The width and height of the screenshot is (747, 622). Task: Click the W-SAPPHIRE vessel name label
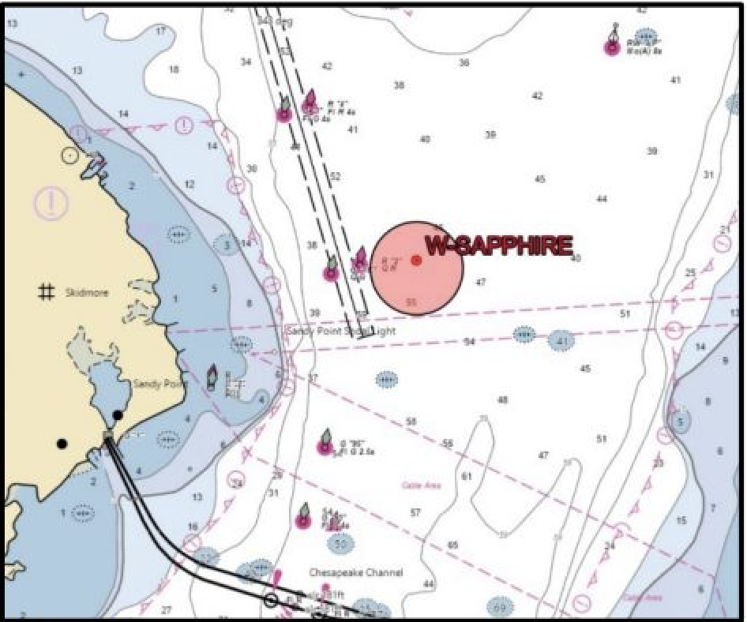tap(499, 246)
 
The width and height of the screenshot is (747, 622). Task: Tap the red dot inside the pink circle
tap(417, 260)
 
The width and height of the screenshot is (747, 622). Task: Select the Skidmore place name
tap(87, 293)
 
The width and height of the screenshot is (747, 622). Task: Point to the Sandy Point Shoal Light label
tap(340, 332)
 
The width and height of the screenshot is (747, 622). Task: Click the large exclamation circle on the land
tap(51, 203)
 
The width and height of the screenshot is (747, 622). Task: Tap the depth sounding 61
tap(466, 476)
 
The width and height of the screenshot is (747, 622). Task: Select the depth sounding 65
tap(452, 545)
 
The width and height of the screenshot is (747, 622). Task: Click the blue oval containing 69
tap(500, 607)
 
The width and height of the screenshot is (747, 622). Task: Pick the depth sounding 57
tap(415, 512)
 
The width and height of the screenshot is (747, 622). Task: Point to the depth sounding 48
tap(502, 400)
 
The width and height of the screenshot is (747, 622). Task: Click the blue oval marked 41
tap(561, 342)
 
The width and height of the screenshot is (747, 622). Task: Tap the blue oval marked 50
tap(340, 544)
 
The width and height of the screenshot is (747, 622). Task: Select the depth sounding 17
tap(161, 31)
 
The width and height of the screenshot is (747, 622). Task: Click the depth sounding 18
tap(174, 69)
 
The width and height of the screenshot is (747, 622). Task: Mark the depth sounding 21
tap(725, 230)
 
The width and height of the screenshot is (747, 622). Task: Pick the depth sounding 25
tap(690, 273)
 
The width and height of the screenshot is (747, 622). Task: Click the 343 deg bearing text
tap(275, 21)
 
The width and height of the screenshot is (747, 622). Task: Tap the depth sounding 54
tap(469, 342)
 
